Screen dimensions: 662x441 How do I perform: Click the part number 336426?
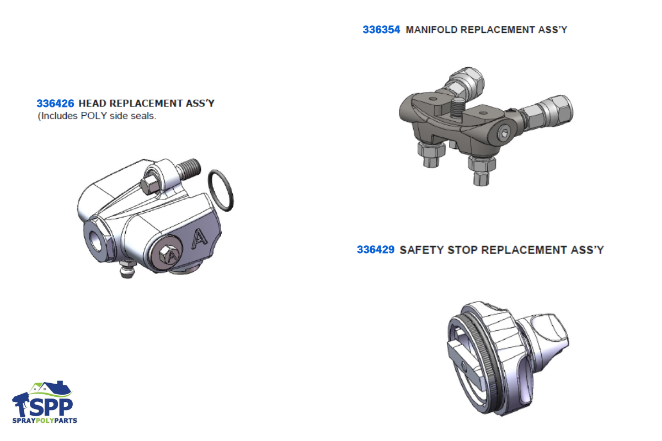(55, 104)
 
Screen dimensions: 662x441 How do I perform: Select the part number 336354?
(381, 30)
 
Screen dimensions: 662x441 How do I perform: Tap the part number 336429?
(376, 250)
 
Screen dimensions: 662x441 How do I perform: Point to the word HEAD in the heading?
(93, 104)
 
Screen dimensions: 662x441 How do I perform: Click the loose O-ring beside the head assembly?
(221, 191)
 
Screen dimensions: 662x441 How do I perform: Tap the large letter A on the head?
(200, 238)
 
